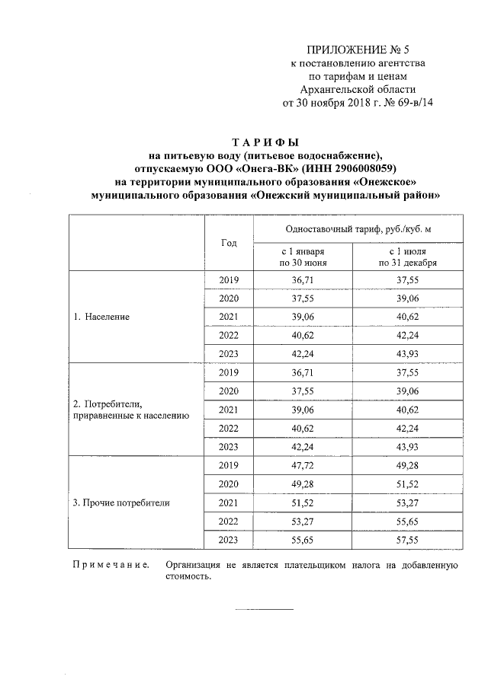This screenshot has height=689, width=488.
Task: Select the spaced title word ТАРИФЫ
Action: point(265,142)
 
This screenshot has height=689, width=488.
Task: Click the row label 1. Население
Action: point(102,317)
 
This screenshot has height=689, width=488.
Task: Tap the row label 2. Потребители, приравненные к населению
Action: point(130,410)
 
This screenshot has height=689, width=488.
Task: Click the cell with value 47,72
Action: point(303,465)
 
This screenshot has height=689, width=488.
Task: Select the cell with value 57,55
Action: point(408,540)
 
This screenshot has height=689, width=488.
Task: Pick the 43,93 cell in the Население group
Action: point(408,354)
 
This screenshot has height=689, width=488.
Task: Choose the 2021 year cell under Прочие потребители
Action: point(229,502)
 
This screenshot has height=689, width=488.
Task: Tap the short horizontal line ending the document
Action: point(264,609)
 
